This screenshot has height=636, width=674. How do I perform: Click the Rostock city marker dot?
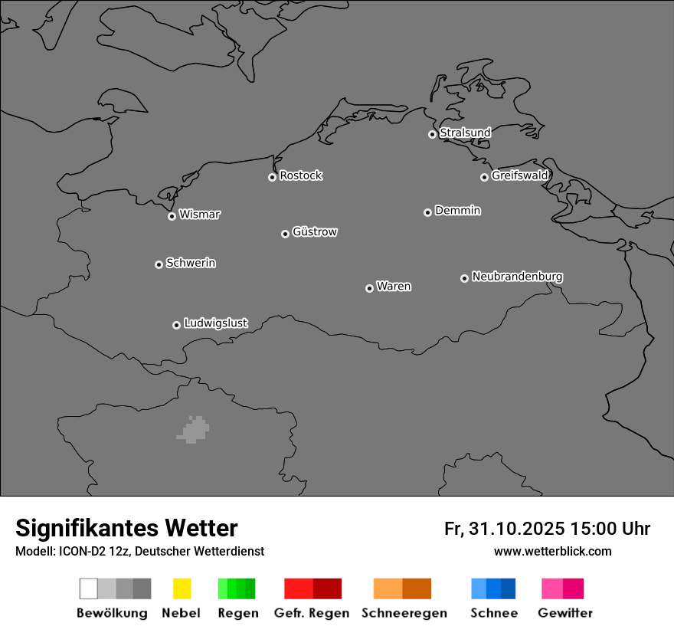[x=272, y=177]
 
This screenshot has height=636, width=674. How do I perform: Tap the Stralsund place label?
[x=465, y=133]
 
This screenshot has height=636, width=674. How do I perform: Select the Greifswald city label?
[x=519, y=175]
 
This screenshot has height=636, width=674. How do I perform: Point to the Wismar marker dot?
[x=172, y=216]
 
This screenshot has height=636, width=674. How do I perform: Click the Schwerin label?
[x=191, y=263]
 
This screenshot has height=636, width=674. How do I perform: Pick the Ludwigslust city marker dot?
[x=176, y=325]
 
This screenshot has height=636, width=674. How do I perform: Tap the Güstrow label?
[x=315, y=231]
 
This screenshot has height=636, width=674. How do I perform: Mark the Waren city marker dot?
[x=369, y=288]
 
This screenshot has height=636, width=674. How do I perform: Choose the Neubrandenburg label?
[x=517, y=277]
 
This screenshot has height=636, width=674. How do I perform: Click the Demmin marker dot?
[x=427, y=212]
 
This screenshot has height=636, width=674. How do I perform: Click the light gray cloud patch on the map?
[x=195, y=430]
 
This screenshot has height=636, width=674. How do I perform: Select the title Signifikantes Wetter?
[x=126, y=528]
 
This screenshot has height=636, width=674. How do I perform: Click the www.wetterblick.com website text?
[x=552, y=551]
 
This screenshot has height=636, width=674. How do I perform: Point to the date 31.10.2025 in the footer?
[x=516, y=529]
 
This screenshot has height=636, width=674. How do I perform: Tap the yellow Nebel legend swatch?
[x=182, y=588]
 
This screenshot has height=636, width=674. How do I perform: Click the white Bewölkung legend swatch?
[x=88, y=588]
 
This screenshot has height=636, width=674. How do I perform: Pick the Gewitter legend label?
[x=564, y=613]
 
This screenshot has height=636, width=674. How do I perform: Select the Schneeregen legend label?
[x=404, y=613]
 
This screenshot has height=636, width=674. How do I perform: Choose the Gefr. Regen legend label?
[x=311, y=613]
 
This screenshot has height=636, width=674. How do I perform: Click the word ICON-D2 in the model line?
[x=83, y=551]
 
